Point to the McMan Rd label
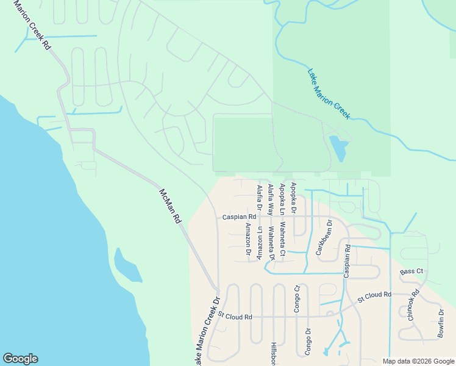(x=170, y=205)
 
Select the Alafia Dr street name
(x=259, y=199)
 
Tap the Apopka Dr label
(x=293, y=198)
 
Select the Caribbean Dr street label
(x=324, y=237)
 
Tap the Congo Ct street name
(x=297, y=299)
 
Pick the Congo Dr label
(x=308, y=342)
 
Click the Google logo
(x=20, y=359)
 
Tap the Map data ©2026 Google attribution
(x=418, y=361)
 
